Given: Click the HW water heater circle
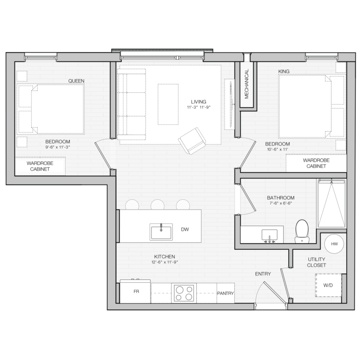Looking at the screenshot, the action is (334, 244).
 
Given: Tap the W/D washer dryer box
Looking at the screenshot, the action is (329, 285).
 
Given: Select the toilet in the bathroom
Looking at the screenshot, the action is (302, 231).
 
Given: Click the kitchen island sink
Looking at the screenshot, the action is (161, 232).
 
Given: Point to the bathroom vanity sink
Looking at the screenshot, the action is (270, 235).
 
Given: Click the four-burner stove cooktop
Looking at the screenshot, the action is (184, 293).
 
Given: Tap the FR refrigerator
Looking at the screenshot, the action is (135, 291).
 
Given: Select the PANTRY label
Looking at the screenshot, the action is (225, 293).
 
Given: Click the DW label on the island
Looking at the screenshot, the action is (185, 229).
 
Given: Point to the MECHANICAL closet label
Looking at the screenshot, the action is (247, 84).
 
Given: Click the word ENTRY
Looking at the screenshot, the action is (263, 274).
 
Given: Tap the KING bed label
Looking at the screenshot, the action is (284, 71).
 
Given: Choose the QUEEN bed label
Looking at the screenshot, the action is (76, 81).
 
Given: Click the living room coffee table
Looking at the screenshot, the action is (168, 104).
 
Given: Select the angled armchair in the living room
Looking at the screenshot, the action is (192, 141).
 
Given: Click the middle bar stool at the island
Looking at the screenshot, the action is (157, 204).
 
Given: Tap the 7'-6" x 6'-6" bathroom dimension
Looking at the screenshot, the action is (281, 203).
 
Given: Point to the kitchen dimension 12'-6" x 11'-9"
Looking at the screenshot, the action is (165, 262).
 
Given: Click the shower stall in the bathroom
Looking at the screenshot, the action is (331, 203).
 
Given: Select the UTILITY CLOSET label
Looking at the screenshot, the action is (316, 262).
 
